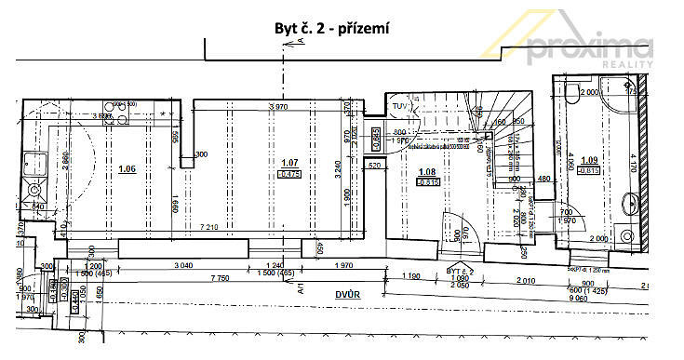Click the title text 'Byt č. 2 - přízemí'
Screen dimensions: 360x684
(330, 28)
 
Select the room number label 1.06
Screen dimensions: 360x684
(127, 168)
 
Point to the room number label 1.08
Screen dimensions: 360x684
(428, 171)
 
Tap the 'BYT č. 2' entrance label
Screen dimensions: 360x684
(459, 269)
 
